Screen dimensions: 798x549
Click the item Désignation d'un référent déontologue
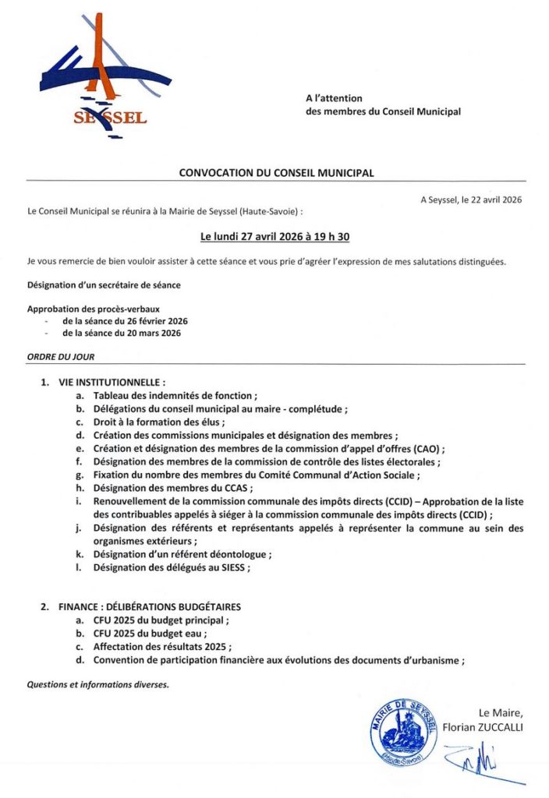pyautogui.click(x=182, y=554)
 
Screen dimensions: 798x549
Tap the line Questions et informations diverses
pyautogui.click(x=97, y=685)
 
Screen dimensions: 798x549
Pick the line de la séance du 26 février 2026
pyautogui.click(x=125, y=321)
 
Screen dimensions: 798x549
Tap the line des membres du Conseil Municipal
pyautogui.click(x=383, y=111)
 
